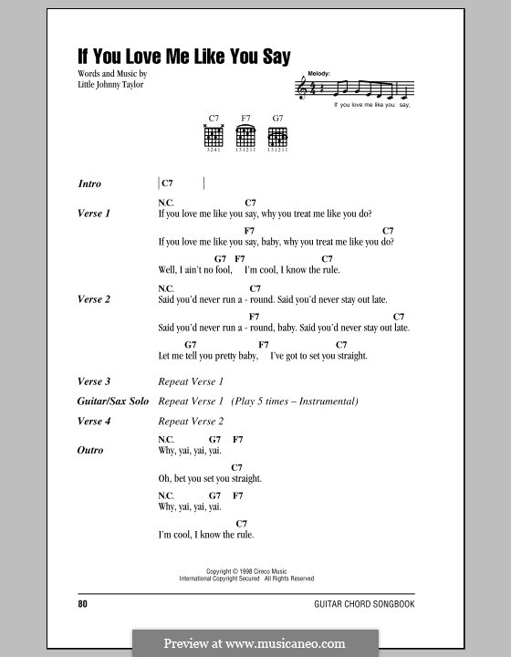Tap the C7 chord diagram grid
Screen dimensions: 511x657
pos(214,137)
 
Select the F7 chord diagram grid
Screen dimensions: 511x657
pos(245,137)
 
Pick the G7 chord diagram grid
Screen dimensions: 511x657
pos(277,137)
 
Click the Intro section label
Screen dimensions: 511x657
pos(89,183)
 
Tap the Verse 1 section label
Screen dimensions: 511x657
pos(94,214)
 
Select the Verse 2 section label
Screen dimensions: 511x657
pos(94,298)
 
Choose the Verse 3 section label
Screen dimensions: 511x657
pos(94,381)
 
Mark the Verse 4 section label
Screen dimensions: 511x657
pos(94,422)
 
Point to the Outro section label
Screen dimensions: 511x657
pos(90,450)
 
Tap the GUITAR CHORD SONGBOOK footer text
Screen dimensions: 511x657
pos(376,604)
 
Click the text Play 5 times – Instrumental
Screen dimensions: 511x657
pos(295,401)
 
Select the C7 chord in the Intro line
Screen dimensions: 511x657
pos(167,183)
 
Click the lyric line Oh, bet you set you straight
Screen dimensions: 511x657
pos(209,478)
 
